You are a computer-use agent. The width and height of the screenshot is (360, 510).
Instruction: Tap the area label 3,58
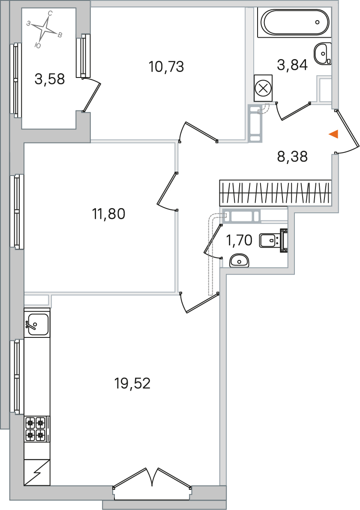coord(50,79)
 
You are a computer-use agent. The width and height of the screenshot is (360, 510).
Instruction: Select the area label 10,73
coord(166,67)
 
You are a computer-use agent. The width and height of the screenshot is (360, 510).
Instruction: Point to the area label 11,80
coord(109,214)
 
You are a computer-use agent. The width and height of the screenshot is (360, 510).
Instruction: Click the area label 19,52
coord(132,384)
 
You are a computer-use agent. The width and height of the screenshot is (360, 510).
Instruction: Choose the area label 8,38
coord(292,156)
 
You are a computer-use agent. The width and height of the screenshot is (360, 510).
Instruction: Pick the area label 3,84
coord(292,65)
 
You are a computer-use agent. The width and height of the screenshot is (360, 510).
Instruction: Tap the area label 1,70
coord(239,240)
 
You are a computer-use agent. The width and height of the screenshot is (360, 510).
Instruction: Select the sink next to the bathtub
coord(323,54)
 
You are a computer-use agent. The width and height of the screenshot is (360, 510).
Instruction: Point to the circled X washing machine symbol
coord(263,88)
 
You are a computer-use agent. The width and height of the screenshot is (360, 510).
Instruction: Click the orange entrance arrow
coord(333,134)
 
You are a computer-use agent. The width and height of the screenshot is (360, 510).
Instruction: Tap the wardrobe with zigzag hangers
coord(276,193)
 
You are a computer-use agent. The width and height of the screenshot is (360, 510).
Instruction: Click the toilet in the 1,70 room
coord(273,241)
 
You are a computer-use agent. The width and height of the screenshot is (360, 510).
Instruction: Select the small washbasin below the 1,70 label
coord(239,261)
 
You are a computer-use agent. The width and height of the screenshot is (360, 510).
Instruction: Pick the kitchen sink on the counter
coord(37,324)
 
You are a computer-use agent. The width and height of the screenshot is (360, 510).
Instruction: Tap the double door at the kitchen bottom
coord(152,478)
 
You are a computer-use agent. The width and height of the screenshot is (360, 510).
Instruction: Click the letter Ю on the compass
coord(38,45)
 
